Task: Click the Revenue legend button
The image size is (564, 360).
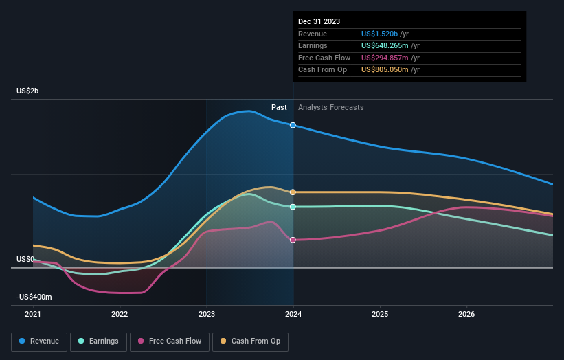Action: point(39,341)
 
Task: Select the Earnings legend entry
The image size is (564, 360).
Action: point(98,341)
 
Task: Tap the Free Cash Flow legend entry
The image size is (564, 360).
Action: point(170,341)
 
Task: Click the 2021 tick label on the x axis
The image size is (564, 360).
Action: point(33,315)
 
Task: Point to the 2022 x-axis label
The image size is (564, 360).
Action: point(120,315)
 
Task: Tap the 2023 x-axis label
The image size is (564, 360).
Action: point(207,315)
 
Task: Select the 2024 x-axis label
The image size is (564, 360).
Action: point(293,315)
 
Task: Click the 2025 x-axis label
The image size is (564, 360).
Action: point(380,315)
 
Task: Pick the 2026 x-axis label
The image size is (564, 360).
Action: point(466,315)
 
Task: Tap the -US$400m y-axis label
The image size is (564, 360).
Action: point(35,297)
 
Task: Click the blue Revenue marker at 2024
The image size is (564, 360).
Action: point(293,125)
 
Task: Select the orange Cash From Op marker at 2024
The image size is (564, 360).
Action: point(293,192)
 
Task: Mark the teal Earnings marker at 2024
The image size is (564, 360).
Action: point(293,207)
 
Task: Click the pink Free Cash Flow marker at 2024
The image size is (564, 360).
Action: point(293,240)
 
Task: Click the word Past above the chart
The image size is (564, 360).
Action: point(279,107)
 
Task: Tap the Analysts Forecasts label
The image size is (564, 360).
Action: point(331,107)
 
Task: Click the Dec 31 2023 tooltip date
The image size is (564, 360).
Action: point(319,22)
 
